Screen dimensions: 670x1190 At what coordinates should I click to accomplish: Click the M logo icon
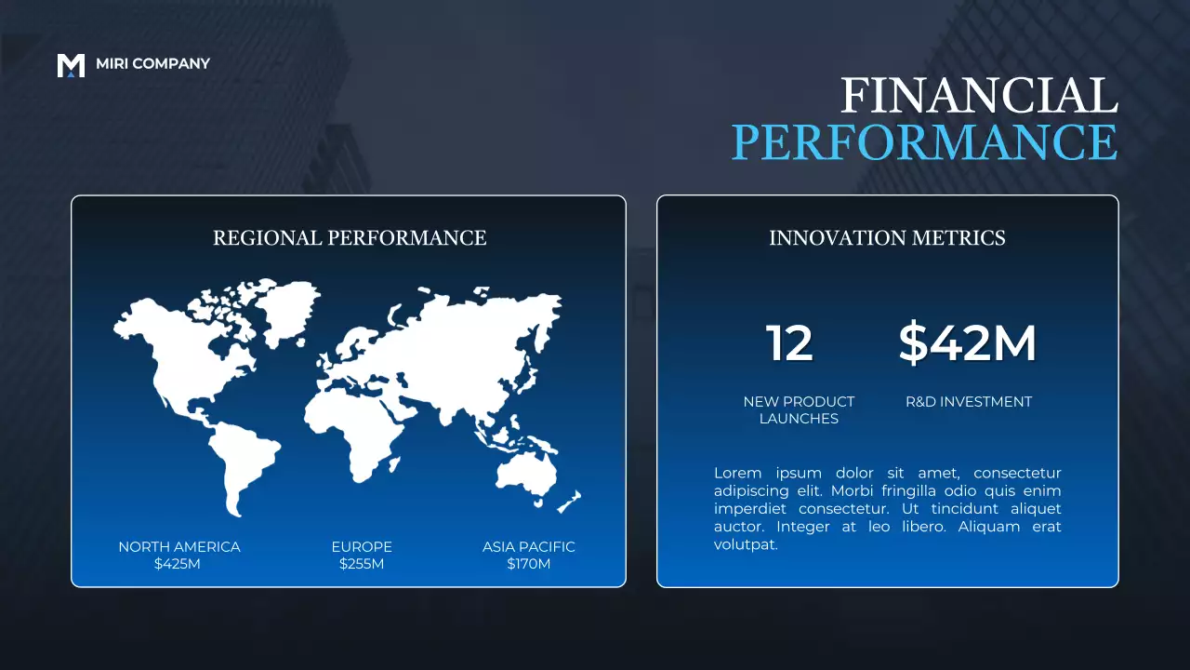click(x=71, y=65)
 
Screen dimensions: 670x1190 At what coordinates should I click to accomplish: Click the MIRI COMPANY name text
click(x=152, y=63)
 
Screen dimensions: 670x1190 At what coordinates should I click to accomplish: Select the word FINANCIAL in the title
click(x=979, y=97)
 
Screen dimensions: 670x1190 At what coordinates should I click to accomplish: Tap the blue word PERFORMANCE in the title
click(x=924, y=142)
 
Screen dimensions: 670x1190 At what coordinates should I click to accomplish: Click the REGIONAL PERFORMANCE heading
click(x=350, y=238)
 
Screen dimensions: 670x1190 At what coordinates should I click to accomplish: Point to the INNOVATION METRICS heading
click(x=887, y=238)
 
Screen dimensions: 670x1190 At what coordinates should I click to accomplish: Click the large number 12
click(x=789, y=343)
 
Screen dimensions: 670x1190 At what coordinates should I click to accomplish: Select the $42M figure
click(x=968, y=343)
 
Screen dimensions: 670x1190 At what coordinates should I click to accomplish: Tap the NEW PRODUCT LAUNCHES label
click(x=799, y=410)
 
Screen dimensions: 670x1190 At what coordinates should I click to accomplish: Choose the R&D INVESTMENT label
click(x=969, y=402)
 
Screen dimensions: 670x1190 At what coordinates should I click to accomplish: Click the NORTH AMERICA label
click(x=178, y=547)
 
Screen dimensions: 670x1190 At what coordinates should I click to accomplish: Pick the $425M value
click(x=178, y=564)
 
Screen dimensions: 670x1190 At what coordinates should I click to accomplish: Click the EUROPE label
click(x=362, y=547)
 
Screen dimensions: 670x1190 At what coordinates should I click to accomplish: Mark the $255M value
click(x=362, y=564)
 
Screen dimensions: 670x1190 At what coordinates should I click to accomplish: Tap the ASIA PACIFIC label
click(x=528, y=547)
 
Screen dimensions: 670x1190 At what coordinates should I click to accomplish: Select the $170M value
click(x=528, y=564)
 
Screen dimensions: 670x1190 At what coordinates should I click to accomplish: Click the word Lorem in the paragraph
click(x=736, y=474)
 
